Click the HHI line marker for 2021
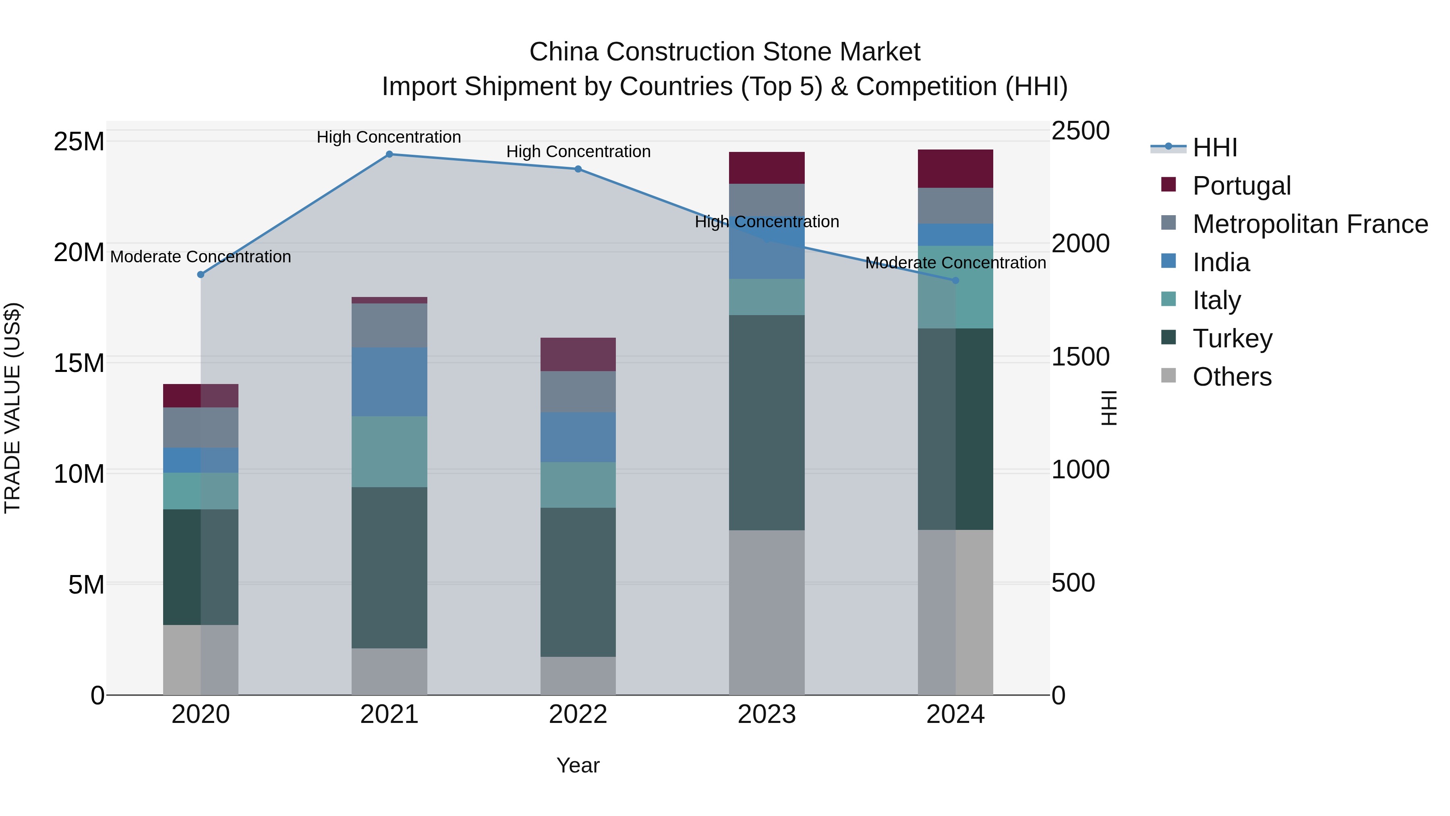[x=389, y=154]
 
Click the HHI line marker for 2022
[x=578, y=169]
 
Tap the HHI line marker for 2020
[x=201, y=275]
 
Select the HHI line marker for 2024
[x=955, y=280]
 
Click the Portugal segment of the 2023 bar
[x=766, y=168]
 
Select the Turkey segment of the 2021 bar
[x=389, y=568]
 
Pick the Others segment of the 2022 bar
[x=578, y=676]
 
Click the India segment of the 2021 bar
[x=389, y=382]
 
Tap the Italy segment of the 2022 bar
[x=578, y=485]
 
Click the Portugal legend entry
[x=1241, y=186]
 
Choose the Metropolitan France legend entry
[x=1310, y=224]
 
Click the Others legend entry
[x=1232, y=377]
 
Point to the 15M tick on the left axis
[x=79, y=363]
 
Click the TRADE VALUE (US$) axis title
[x=12, y=408]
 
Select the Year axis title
[x=578, y=765]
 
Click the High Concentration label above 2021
[x=389, y=137]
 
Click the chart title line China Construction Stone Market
[x=725, y=52]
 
